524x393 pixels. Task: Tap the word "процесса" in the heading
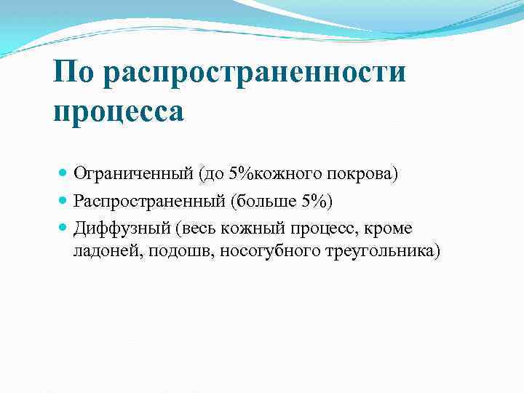[119, 112]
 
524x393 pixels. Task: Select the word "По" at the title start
[76, 74]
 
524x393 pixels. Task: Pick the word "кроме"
[387, 229]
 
